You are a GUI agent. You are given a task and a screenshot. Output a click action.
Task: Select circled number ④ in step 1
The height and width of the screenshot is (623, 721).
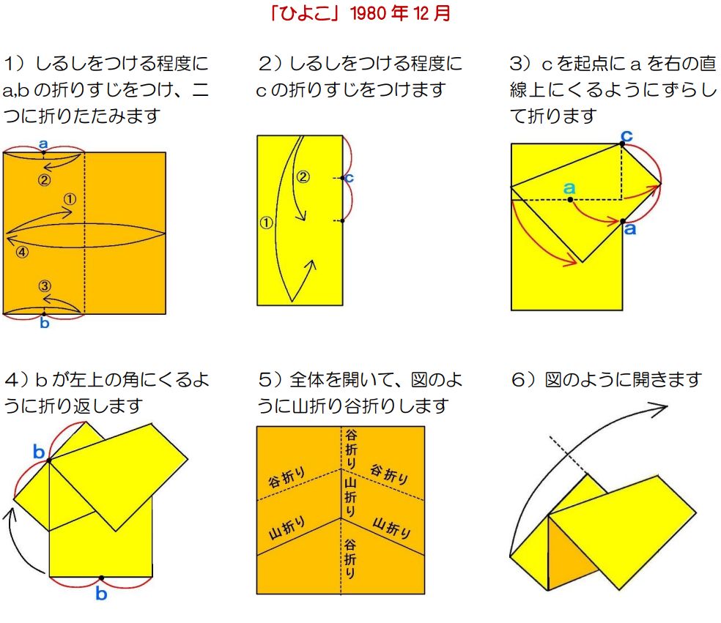(x=22, y=252)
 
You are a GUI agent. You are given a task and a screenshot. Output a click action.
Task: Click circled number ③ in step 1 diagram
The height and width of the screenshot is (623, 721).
(x=44, y=286)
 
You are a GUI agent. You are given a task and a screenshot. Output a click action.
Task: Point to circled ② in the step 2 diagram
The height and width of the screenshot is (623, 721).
(x=303, y=177)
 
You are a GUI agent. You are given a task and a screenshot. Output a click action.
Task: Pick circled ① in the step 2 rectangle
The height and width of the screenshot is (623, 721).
(x=266, y=223)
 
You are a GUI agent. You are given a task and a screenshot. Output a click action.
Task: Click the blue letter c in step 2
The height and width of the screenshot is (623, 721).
(x=349, y=177)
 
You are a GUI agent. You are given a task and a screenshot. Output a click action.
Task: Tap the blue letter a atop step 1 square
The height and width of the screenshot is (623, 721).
(x=43, y=143)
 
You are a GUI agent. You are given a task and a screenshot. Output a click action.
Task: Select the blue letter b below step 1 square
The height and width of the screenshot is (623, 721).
(x=44, y=323)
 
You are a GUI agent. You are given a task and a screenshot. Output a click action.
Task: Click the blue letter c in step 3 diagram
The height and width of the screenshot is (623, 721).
(x=626, y=136)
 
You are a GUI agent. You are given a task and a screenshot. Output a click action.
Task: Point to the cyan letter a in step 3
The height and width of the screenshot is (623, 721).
(x=569, y=187)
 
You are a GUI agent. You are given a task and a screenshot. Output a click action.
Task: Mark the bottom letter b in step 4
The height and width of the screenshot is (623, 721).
(x=101, y=594)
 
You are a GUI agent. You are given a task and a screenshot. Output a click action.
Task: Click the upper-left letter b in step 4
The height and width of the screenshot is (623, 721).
(x=39, y=452)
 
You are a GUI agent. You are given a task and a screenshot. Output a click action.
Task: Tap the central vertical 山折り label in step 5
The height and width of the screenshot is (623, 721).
(x=350, y=496)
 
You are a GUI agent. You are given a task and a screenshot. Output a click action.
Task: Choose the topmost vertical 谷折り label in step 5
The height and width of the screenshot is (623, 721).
(x=350, y=449)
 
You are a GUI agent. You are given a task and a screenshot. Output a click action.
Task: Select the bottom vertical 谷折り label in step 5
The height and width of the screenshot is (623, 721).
(x=350, y=559)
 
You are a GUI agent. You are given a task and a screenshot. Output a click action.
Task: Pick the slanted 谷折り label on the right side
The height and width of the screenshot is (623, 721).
(x=390, y=474)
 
